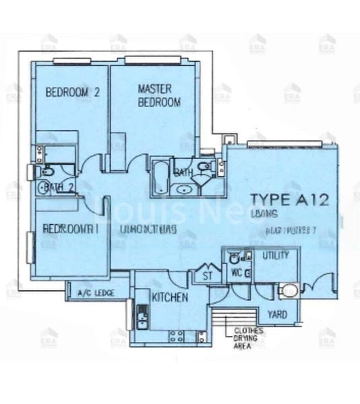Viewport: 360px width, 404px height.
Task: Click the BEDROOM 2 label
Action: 72,94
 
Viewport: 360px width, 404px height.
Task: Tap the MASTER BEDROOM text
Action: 159,95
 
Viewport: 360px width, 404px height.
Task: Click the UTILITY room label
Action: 276,256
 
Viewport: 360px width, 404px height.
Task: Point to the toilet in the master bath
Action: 206,168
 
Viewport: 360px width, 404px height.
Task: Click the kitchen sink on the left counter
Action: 142,315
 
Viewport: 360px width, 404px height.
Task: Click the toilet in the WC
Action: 235,256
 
